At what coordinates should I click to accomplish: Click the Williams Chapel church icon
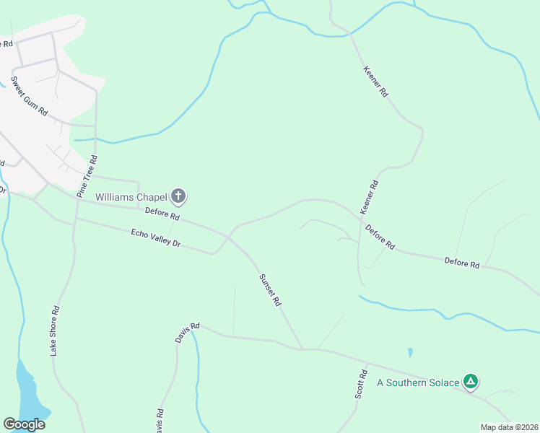178,196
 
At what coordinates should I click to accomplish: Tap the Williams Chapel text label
131,196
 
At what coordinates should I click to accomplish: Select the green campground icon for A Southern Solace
471,381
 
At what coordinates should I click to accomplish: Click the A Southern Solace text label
418,382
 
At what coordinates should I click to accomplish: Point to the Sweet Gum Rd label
29,95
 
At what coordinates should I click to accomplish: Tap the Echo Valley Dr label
155,238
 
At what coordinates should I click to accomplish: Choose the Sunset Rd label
269,290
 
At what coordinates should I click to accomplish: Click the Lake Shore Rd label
55,330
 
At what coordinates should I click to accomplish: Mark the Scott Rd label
361,386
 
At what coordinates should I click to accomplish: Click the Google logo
24,424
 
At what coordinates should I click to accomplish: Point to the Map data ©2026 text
508,427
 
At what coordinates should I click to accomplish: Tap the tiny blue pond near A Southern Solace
410,353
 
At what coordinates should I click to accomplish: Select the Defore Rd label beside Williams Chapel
162,214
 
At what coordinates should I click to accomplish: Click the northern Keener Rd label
375,83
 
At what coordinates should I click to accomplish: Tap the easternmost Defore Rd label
462,263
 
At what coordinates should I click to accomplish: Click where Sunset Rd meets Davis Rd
302,349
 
